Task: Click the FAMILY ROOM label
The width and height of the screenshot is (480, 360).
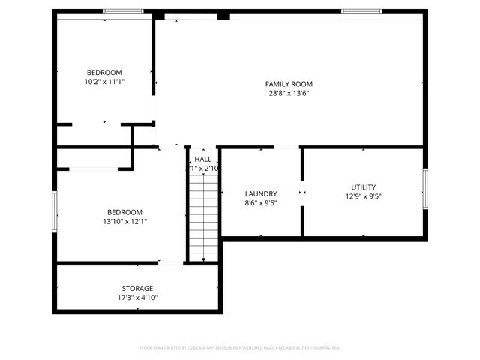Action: (289, 84)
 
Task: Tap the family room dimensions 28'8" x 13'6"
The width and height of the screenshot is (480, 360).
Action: (289, 94)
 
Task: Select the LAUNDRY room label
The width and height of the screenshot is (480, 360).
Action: (261, 193)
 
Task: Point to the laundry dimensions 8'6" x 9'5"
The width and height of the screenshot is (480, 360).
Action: (261, 203)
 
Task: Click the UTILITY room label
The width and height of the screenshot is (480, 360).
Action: (363, 187)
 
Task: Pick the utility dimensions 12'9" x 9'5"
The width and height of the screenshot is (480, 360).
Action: (363, 197)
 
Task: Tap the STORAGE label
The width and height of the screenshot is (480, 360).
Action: (137, 288)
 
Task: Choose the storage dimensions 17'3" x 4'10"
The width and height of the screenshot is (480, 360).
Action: (137, 298)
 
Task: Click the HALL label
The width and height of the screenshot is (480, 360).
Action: (202, 160)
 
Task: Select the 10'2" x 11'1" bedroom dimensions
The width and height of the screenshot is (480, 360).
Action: (104, 82)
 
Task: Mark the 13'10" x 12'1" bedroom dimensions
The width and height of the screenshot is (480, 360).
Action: (124, 222)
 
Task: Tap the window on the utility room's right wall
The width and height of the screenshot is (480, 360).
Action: (424, 190)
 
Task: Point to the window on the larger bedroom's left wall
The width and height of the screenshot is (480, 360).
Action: (54, 211)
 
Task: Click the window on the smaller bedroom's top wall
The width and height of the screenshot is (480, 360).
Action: (123, 11)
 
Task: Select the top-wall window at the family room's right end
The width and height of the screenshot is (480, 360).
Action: (357, 11)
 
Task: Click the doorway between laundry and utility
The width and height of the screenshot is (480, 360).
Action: (301, 193)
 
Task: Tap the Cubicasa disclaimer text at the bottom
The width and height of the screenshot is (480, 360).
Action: (240, 348)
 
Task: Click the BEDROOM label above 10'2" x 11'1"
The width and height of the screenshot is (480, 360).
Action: (104, 73)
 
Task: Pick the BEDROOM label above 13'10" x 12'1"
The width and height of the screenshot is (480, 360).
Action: (124, 212)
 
